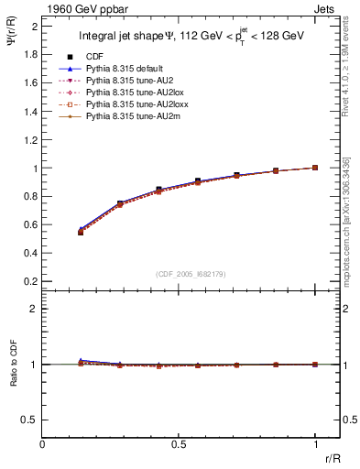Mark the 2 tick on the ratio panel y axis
34,309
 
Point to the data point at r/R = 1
315,168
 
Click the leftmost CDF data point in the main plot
81,233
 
